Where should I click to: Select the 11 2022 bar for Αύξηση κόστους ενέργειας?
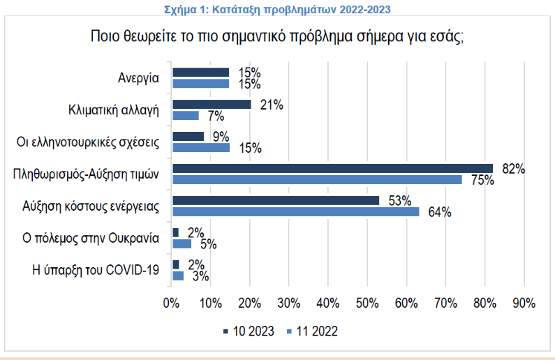[296, 211]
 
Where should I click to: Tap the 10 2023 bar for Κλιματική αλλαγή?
[212, 104]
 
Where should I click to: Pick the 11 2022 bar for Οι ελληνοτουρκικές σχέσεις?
[201, 147]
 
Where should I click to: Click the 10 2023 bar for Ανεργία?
[201, 72]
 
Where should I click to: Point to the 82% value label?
[513, 168]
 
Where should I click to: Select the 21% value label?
[271, 105]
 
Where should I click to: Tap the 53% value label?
[399, 201]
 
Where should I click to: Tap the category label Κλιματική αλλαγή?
[114, 110]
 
